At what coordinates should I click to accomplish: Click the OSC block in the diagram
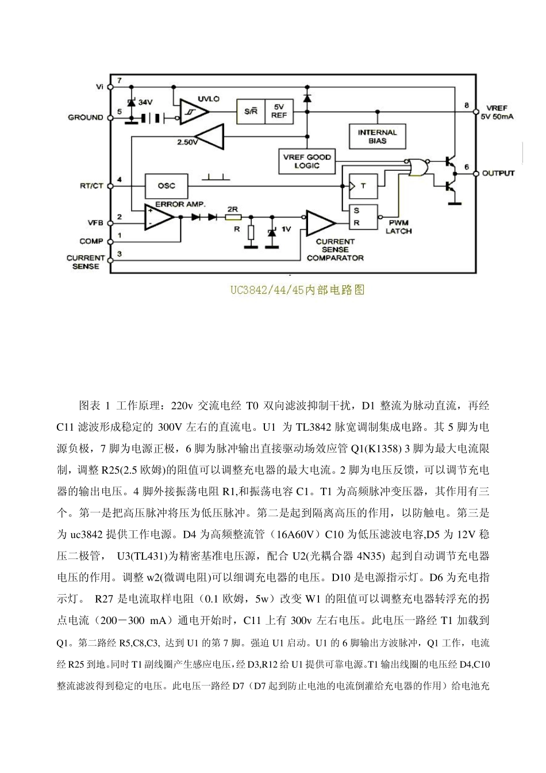coord(167,186)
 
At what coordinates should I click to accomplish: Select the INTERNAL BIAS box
coord(378,136)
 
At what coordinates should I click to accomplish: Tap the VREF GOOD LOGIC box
coord(307,162)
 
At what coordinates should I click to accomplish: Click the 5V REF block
coord(279,111)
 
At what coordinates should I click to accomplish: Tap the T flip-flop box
coord(364,186)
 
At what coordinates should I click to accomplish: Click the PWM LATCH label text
coord(398,227)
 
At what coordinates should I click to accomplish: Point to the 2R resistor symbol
coord(232,218)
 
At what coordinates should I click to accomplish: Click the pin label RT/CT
coord(91,186)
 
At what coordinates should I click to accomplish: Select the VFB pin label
coord(94,222)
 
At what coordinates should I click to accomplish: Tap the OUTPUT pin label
coord(498,173)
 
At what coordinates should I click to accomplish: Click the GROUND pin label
coord(86,117)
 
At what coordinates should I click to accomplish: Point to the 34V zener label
coord(145,102)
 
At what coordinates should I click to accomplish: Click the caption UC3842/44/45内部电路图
coord(298,290)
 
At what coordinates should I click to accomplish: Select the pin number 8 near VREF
coord(467,105)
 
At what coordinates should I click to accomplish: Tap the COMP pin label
coord(91,241)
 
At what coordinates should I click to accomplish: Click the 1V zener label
coord(286,229)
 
